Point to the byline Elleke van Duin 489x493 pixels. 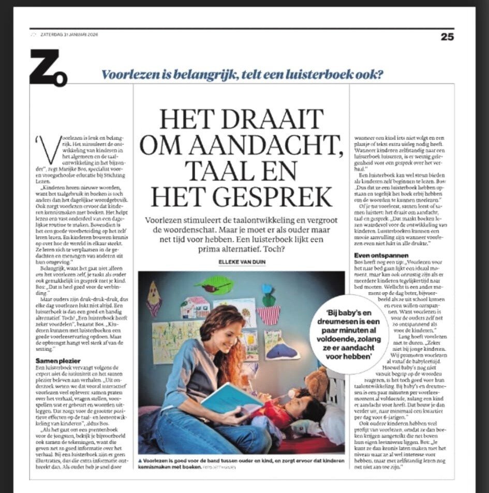243,263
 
